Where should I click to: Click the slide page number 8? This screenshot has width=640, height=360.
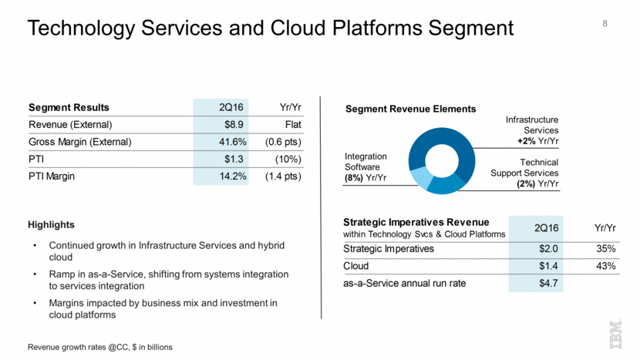(x=605, y=24)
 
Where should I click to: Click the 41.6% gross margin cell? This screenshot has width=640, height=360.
(x=222, y=142)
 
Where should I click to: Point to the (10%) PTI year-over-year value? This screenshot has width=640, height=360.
(x=286, y=160)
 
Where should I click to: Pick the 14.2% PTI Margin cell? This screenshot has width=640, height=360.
(x=222, y=177)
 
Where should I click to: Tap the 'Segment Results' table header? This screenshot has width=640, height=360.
(x=69, y=107)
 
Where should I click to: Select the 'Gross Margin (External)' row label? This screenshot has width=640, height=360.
(x=80, y=142)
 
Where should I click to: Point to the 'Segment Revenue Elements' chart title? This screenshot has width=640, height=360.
(x=411, y=109)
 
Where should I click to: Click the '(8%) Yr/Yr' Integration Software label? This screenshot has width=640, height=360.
(x=365, y=178)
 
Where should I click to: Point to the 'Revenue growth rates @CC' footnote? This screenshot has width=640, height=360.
(x=99, y=348)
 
